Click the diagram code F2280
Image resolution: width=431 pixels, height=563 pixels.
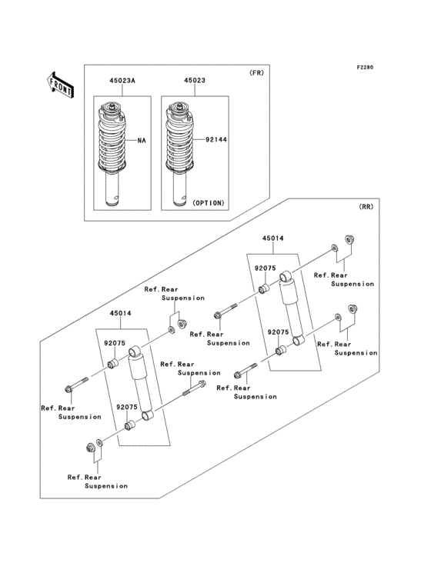[364, 68]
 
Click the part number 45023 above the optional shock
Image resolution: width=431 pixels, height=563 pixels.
[193, 79]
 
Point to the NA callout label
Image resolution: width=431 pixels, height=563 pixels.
[142, 141]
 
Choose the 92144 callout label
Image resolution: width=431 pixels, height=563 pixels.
[217, 141]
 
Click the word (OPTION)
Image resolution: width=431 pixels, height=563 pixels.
[205, 203]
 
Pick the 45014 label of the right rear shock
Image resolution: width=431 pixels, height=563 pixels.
[272, 239]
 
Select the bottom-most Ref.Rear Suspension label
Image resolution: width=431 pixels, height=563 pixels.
[97, 481]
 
